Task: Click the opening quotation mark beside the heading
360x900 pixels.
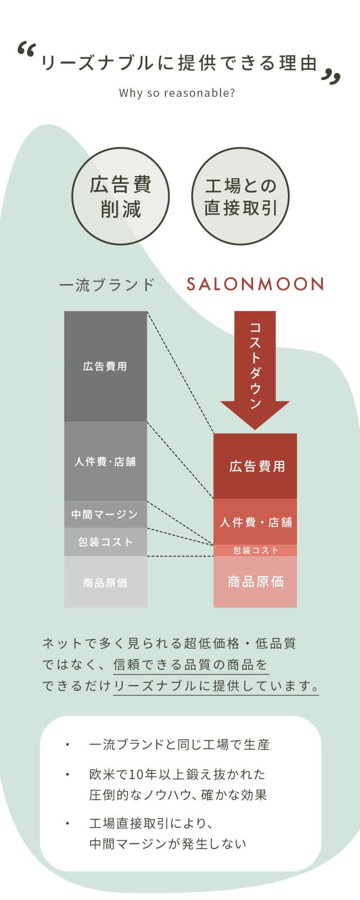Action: click(26, 51)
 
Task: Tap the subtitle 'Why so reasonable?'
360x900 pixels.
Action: click(177, 93)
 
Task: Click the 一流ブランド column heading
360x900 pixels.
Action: click(107, 285)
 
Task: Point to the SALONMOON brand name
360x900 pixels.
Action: click(255, 284)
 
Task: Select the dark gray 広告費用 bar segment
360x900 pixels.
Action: click(105, 366)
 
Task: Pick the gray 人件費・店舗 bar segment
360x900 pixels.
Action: click(105, 461)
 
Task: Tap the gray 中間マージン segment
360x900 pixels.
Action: click(105, 514)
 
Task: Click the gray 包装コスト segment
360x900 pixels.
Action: click(105, 542)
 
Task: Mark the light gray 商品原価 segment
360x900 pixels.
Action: click(105, 582)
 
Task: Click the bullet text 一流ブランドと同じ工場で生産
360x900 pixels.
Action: click(179, 745)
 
